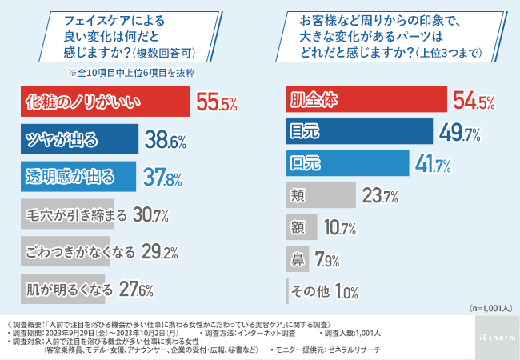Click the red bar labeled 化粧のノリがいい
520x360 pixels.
pos(103,102)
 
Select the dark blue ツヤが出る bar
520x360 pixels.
pos(79,141)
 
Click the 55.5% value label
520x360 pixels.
pos(217,103)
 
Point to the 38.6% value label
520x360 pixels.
pos(166,142)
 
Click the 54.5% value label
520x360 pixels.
pos(473,102)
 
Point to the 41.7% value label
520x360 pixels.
pos(433,165)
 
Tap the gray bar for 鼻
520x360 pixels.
pos(298,258)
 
